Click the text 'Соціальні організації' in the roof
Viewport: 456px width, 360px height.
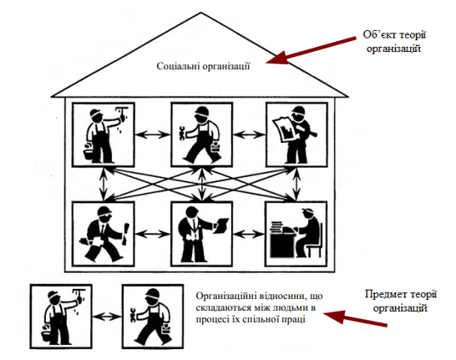click(203, 66)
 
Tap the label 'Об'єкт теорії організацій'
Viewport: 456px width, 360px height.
click(393, 41)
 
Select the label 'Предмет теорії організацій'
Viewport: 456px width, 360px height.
click(400, 301)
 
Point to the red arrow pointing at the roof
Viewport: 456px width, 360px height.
click(311, 50)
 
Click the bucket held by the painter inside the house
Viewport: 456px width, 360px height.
click(89, 152)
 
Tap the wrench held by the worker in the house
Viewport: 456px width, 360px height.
click(182, 134)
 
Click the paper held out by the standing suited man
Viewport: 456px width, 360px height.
click(221, 226)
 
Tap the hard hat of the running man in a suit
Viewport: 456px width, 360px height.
click(104, 210)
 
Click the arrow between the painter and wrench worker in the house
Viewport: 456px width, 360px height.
click(152, 134)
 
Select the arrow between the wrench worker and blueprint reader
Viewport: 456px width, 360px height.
click(250, 134)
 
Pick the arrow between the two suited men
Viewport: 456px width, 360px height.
click(152, 234)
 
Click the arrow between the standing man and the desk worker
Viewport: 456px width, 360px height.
click(249, 234)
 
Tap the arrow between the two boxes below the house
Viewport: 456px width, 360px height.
click(107, 317)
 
